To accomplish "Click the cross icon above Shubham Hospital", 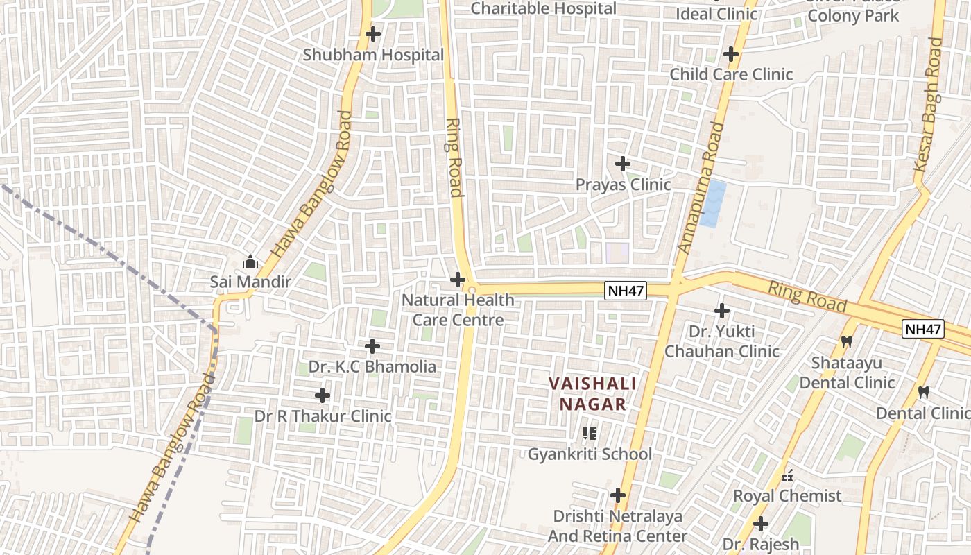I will pos(373,33).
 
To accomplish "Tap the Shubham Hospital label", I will pos(373,55).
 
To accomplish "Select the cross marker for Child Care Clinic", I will pos(730,54).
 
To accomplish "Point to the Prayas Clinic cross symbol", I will pos(623,164).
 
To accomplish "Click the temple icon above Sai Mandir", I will pos(250,262).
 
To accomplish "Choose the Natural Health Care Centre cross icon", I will pos(458,280).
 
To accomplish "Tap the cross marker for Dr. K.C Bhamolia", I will pos(372,345).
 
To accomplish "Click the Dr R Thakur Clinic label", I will pos(323,416).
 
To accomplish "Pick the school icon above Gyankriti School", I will pos(590,434).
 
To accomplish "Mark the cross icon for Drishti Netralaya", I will pos(617,495).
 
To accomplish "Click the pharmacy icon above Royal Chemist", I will pos(787,476).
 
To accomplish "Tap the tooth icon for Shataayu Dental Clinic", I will pos(846,341).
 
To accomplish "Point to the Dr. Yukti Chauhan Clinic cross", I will pos(722,311).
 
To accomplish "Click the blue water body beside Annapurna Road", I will pos(713,203).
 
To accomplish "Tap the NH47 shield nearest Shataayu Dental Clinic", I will pos(922,329).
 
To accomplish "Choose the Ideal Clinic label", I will pos(716,14).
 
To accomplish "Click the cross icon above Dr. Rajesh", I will pos(761,524).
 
